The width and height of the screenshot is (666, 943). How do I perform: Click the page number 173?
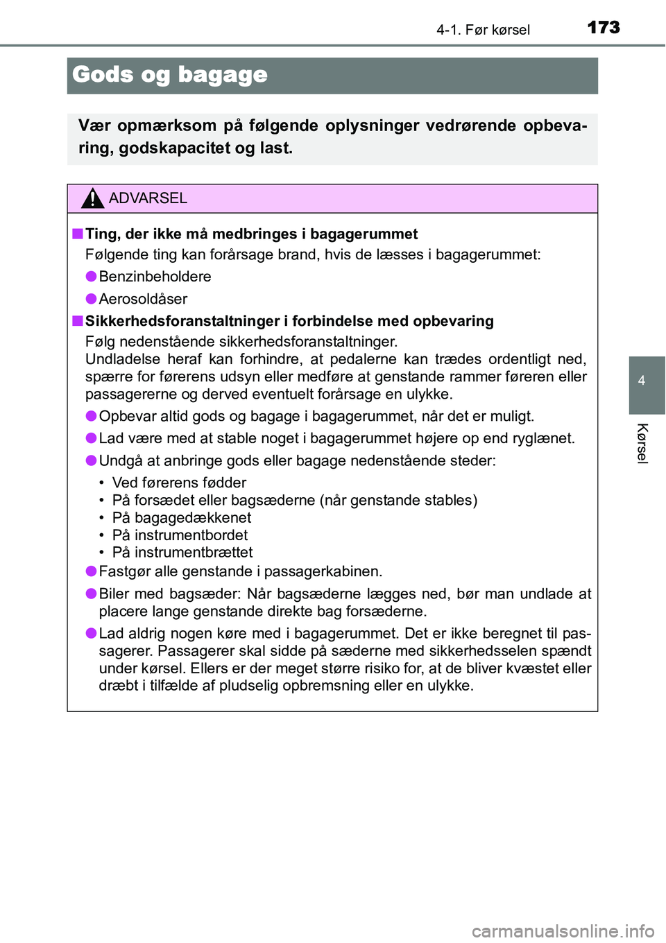tap(603, 27)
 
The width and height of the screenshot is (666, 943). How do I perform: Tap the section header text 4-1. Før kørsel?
tap(483, 30)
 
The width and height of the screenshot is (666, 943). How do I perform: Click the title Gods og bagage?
tap(170, 75)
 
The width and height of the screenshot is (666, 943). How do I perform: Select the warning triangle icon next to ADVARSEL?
tap(92, 198)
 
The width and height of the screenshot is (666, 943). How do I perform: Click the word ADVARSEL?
tap(148, 198)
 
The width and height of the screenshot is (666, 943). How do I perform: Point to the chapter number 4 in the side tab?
tap(642, 380)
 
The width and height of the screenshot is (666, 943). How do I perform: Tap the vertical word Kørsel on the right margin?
tap(642, 443)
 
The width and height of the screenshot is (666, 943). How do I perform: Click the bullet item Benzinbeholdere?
tap(155, 277)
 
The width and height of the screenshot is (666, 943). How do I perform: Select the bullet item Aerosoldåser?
tap(143, 299)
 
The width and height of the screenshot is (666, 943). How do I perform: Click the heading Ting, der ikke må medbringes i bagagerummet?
tap(251, 234)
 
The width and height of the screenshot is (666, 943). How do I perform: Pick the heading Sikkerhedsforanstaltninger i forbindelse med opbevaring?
tap(289, 321)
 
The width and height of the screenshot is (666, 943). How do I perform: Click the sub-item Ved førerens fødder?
tap(179, 483)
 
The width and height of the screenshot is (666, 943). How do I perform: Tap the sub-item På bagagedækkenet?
tap(182, 517)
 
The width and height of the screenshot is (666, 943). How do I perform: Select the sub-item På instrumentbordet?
tap(180, 535)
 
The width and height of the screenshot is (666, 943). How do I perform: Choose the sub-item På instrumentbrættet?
tap(182, 552)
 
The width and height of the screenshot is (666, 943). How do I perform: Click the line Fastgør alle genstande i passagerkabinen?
tap(240, 571)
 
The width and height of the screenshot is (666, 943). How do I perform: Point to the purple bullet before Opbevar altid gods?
tap(91, 416)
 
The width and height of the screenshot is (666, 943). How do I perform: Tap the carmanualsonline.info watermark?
tap(563, 931)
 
